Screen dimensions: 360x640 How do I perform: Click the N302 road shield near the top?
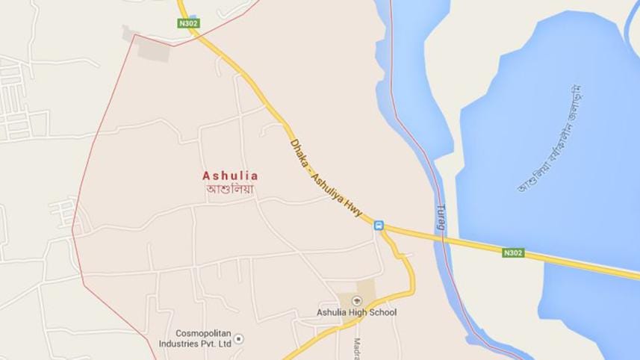(x=188, y=24)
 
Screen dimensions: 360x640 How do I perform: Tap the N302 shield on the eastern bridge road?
(x=513, y=252)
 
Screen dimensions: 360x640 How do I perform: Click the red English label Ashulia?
(x=230, y=176)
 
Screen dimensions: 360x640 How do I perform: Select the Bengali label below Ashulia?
(x=230, y=189)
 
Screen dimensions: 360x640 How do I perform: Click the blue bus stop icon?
(x=379, y=225)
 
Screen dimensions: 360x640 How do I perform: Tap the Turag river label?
(x=441, y=217)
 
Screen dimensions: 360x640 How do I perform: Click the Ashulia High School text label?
(x=356, y=312)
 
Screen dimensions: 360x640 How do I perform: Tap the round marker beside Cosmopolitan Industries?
(x=238, y=339)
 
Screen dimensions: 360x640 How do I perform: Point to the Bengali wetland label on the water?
(x=550, y=138)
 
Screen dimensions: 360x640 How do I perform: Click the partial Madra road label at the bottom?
(x=356, y=347)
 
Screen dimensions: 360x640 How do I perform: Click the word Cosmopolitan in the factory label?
(x=205, y=333)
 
